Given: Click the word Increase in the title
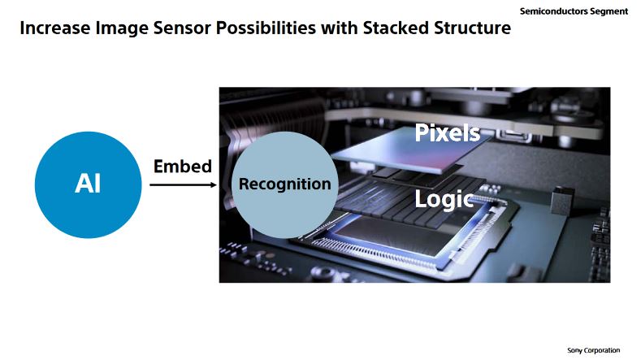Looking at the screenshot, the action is (x=55, y=28).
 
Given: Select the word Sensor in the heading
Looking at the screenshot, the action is (x=181, y=28).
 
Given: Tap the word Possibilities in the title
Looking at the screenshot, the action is (x=266, y=28).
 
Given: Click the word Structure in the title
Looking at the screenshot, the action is (x=472, y=28).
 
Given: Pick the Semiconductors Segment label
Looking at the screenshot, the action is (x=574, y=11).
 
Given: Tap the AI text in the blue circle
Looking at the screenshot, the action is (x=88, y=184).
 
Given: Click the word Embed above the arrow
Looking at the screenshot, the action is (x=183, y=167).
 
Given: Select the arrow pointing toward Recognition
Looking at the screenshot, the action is (x=183, y=185).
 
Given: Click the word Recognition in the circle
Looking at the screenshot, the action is (x=285, y=184).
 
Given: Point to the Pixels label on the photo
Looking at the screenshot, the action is (x=447, y=132).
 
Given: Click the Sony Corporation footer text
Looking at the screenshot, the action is (x=593, y=350).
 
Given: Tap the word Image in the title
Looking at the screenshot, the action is (x=122, y=28).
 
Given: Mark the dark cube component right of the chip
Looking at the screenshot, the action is (x=563, y=200).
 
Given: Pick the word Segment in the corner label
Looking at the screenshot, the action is (x=609, y=11).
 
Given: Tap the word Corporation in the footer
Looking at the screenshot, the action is (x=601, y=350).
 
